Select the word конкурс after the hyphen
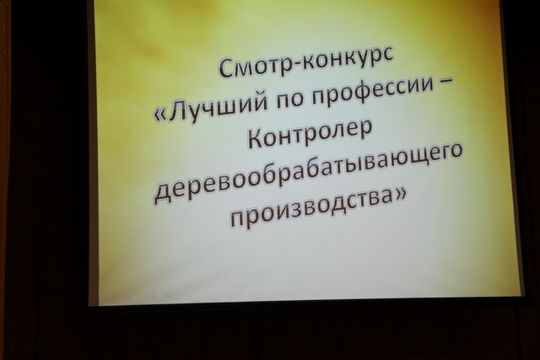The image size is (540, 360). coord(348,61)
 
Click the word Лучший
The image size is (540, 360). coord(219,108)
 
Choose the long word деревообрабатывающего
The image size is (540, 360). coord(307,175)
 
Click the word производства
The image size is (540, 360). coord(310,209)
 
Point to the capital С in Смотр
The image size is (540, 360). coord(225,68)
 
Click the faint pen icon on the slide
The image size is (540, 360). coord(129,295)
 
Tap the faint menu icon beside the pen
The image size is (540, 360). coord(148,294)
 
